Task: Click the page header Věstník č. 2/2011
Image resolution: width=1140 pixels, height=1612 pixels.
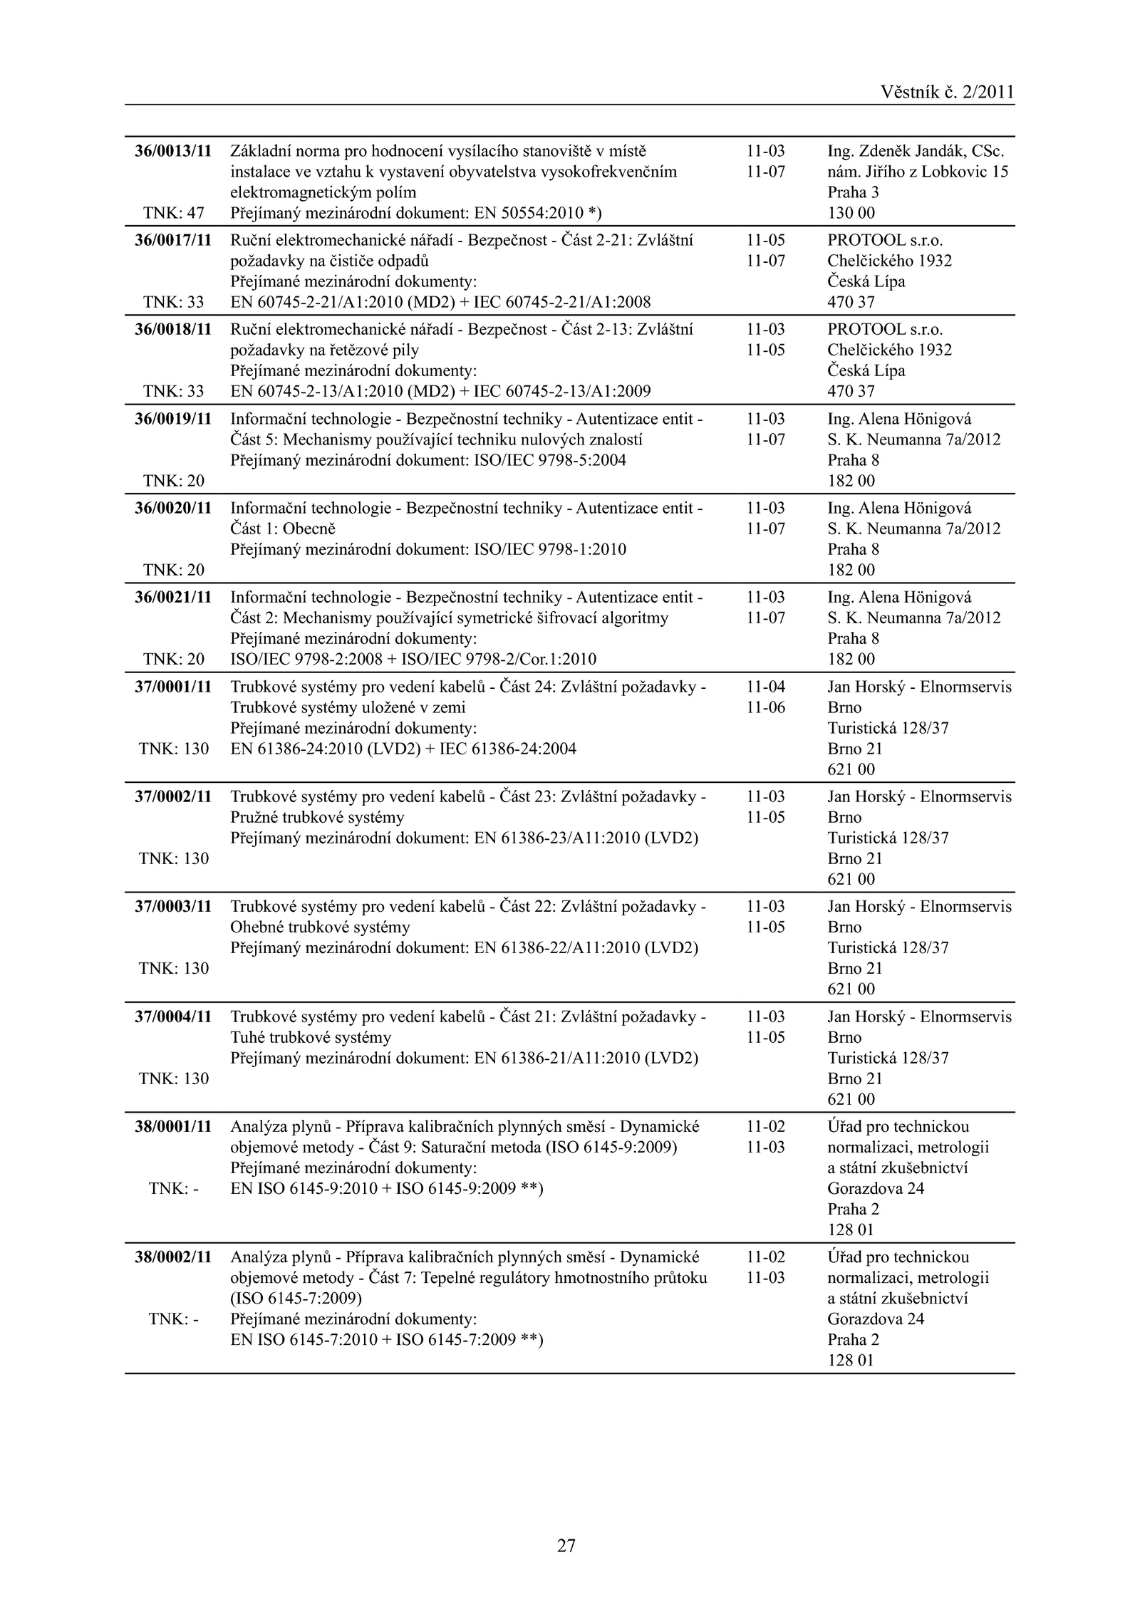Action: click(x=947, y=92)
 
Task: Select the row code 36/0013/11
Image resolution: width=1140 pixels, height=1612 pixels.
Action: click(x=173, y=151)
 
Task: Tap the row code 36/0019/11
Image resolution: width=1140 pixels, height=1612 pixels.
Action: click(x=173, y=419)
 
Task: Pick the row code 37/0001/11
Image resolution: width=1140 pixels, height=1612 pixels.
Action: click(x=173, y=687)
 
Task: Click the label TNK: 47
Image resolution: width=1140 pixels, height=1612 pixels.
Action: click(x=174, y=213)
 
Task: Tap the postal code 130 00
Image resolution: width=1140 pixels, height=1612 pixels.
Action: click(x=851, y=213)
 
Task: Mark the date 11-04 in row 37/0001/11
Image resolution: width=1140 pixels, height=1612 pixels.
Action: click(x=765, y=687)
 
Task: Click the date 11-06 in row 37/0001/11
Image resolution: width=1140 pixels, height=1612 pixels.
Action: click(x=765, y=707)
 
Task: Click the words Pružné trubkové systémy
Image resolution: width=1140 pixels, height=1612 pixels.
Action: click(x=317, y=817)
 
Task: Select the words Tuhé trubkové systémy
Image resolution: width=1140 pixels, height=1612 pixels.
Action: click(x=311, y=1037)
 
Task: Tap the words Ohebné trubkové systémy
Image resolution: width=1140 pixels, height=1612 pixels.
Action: click(x=320, y=927)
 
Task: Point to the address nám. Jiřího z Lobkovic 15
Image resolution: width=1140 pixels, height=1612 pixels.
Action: click(x=918, y=172)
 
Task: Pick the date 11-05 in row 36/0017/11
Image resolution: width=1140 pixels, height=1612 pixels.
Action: click(x=765, y=240)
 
